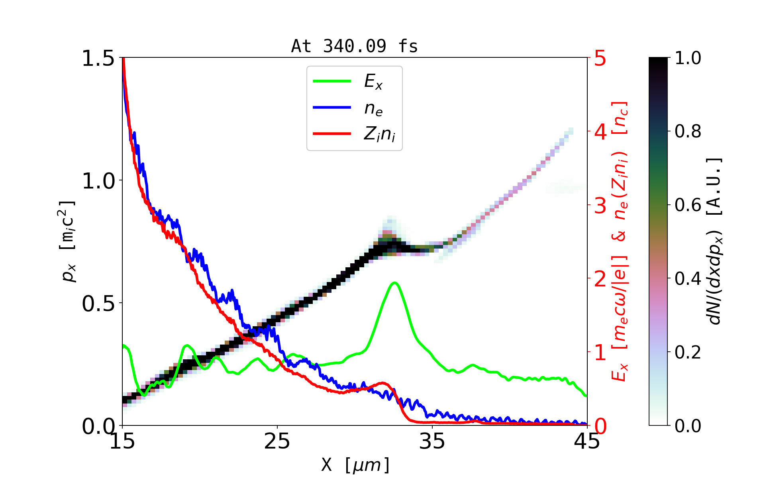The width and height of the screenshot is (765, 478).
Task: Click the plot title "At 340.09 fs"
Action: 354,46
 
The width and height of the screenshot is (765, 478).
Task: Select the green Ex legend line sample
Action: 332,81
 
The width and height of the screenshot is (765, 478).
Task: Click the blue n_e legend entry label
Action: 373,108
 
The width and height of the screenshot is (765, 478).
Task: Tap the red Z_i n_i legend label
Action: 379,134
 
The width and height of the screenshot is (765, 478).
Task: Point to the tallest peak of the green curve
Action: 394,283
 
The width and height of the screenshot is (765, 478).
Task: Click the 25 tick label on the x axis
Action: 277,441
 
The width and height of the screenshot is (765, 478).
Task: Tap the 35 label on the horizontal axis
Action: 432,441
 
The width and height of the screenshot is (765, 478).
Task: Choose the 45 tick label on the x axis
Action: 587,441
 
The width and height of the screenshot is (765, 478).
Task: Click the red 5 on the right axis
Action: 600,59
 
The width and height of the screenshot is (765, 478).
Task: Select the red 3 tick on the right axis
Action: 600,206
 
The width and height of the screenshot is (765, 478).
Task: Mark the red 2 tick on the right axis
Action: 600,279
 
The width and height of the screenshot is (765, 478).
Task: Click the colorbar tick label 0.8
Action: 688,131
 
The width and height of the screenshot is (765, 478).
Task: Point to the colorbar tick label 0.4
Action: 688,278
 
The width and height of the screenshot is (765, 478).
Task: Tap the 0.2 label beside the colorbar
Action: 688,352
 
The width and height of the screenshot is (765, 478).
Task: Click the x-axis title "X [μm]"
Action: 355,464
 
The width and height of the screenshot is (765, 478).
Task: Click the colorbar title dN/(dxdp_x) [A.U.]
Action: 716,241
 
